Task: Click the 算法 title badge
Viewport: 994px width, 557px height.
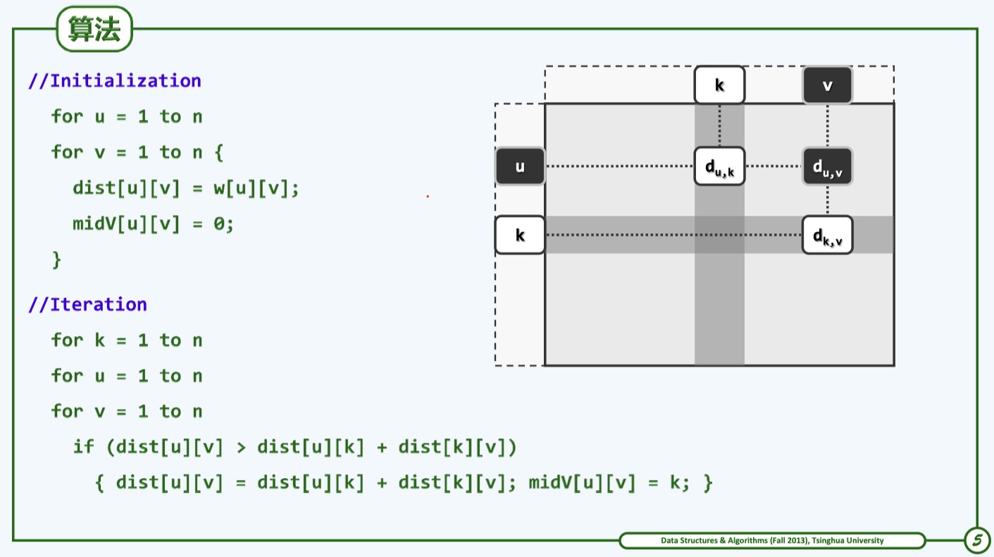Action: [94, 30]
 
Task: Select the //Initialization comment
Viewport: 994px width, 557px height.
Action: [115, 80]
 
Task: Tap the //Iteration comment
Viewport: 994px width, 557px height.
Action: [88, 305]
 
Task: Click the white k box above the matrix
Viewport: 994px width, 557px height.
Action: [719, 85]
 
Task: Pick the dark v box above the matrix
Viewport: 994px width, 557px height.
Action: [827, 85]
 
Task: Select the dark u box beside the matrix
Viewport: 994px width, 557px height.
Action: [520, 166]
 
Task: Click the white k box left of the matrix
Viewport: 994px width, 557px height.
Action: [520, 235]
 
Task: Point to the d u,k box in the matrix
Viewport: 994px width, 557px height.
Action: [719, 166]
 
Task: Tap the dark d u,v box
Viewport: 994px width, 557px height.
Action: [827, 166]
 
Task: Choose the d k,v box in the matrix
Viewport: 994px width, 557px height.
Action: [827, 235]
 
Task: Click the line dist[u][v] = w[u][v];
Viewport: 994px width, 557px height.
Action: [186, 188]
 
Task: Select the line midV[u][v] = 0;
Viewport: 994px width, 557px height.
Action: [153, 224]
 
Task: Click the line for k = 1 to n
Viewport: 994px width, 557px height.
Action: [127, 341]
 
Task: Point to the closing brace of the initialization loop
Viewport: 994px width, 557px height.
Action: [56, 260]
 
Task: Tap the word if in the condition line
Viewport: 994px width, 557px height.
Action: [83, 447]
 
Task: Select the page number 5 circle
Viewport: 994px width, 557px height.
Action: [976, 541]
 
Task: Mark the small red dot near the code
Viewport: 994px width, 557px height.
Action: [428, 196]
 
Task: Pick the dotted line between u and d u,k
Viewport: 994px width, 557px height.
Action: [620, 166]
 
